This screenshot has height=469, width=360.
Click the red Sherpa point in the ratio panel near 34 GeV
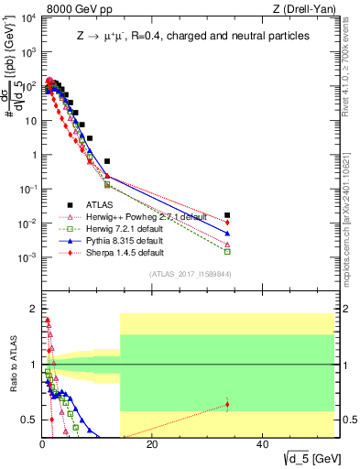pyautogui.click(x=226, y=404)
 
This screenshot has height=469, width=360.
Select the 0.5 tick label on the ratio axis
pyautogui.click(x=30, y=420)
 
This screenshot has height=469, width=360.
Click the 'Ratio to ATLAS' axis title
pyautogui.click(x=11, y=366)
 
